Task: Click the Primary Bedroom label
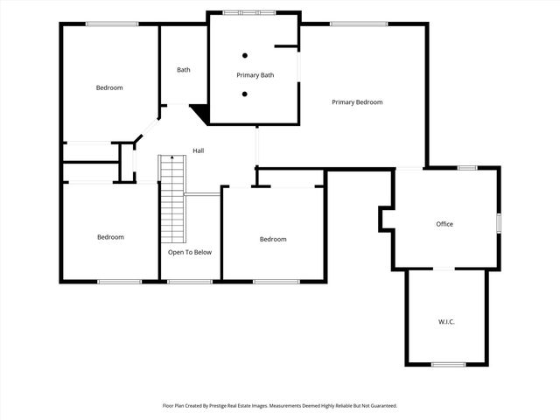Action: [357, 102]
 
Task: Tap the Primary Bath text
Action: [255, 75]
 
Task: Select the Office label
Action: [444, 224]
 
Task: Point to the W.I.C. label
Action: [446, 322]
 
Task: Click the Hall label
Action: [199, 151]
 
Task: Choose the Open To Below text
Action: [190, 252]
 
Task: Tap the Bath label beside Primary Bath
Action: [184, 70]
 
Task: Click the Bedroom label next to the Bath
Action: [109, 87]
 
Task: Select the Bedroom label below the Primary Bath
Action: [273, 239]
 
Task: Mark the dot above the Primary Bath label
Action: [245, 55]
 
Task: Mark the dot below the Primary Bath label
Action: [245, 94]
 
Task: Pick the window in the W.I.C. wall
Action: [448, 364]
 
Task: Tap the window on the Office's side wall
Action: [499, 223]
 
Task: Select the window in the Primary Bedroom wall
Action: [359, 24]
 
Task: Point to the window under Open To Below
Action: [189, 281]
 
